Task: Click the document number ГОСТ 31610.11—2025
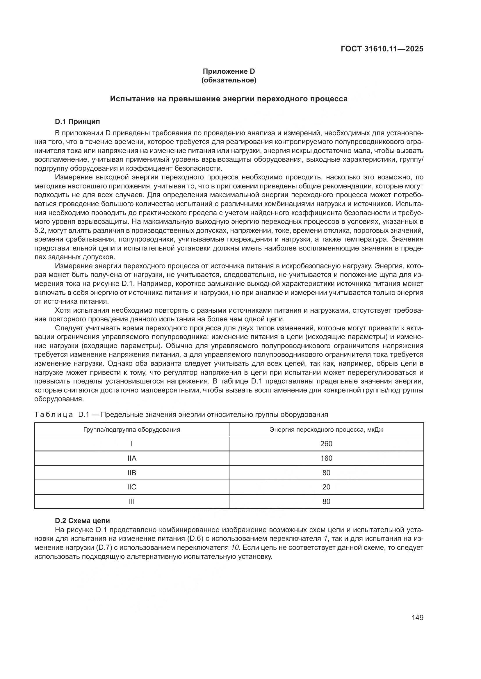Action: pyautogui.click(x=382, y=49)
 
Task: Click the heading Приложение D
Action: pyautogui.click(x=229, y=71)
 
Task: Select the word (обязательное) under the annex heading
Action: pyautogui.click(x=229, y=80)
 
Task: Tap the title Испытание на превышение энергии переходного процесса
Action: pyautogui.click(x=229, y=99)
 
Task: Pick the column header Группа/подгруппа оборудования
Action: pyautogui.click(x=132, y=429)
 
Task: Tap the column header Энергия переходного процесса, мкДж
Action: pyautogui.click(x=326, y=429)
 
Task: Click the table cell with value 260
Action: pyautogui.click(x=326, y=444)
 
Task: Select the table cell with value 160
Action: pyautogui.click(x=326, y=458)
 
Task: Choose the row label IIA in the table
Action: pyautogui.click(x=132, y=458)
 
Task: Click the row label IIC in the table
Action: pyautogui.click(x=132, y=487)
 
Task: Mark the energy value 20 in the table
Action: pyautogui.click(x=326, y=487)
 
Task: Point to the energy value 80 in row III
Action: pyautogui.click(x=326, y=501)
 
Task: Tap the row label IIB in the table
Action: pyautogui.click(x=132, y=473)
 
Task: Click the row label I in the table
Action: pyautogui.click(x=132, y=444)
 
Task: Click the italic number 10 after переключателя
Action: pyautogui.click(x=235, y=547)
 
